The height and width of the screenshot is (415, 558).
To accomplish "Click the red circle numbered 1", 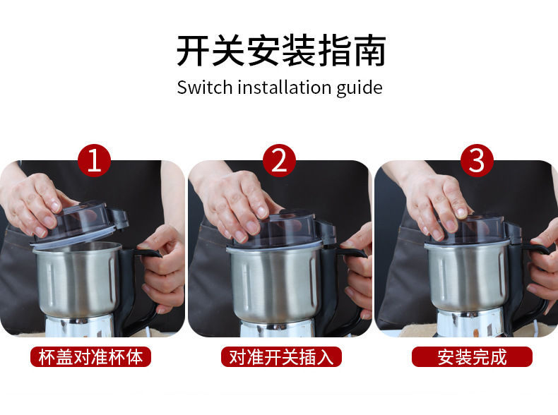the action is (x=95, y=160).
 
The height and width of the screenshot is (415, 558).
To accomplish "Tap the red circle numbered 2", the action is (x=280, y=160).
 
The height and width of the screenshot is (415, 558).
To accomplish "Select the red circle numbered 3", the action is (x=477, y=160).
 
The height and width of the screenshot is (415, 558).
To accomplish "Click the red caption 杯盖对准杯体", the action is (x=90, y=356).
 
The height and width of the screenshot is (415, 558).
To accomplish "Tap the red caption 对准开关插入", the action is (x=281, y=356).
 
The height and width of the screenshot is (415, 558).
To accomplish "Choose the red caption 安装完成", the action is (x=472, y=356).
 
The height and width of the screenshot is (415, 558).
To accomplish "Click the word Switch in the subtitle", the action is (x=205, y=87).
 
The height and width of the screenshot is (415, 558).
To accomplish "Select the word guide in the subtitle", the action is (x=360, y=88).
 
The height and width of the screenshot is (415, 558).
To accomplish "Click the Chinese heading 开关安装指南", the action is (x=281, y=51).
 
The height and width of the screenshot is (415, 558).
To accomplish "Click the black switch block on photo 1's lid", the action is (x=118, y=217).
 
